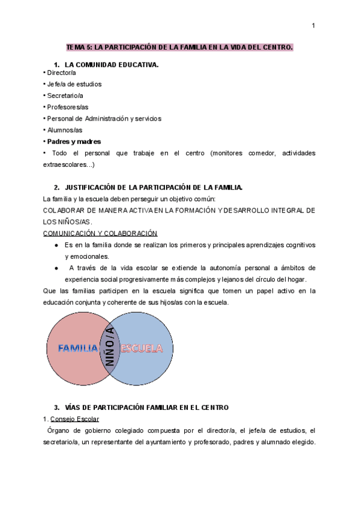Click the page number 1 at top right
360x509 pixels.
click(x=314, y=25)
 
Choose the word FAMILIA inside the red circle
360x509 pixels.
click(x=78, y=348)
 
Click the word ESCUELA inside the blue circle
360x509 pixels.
click(x=142, y=348)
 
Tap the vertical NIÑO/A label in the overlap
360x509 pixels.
click(x=110, y=349)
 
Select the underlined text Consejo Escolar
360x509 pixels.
click(x=75, y=418)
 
